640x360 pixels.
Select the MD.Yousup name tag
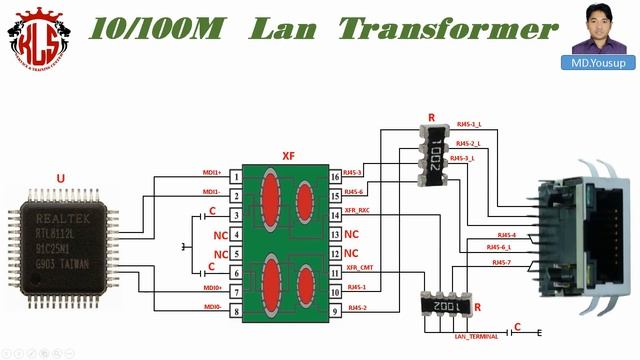pos(598,62)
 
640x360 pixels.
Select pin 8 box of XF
pos(235,312)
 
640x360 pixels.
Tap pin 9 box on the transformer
pos(335,312)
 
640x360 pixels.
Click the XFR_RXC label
pos(357,211)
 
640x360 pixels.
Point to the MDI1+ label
pos(211,172)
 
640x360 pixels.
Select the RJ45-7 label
pos(501,262)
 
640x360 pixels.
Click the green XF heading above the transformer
pos(288,156)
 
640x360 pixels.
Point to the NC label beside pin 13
pos(351,234)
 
